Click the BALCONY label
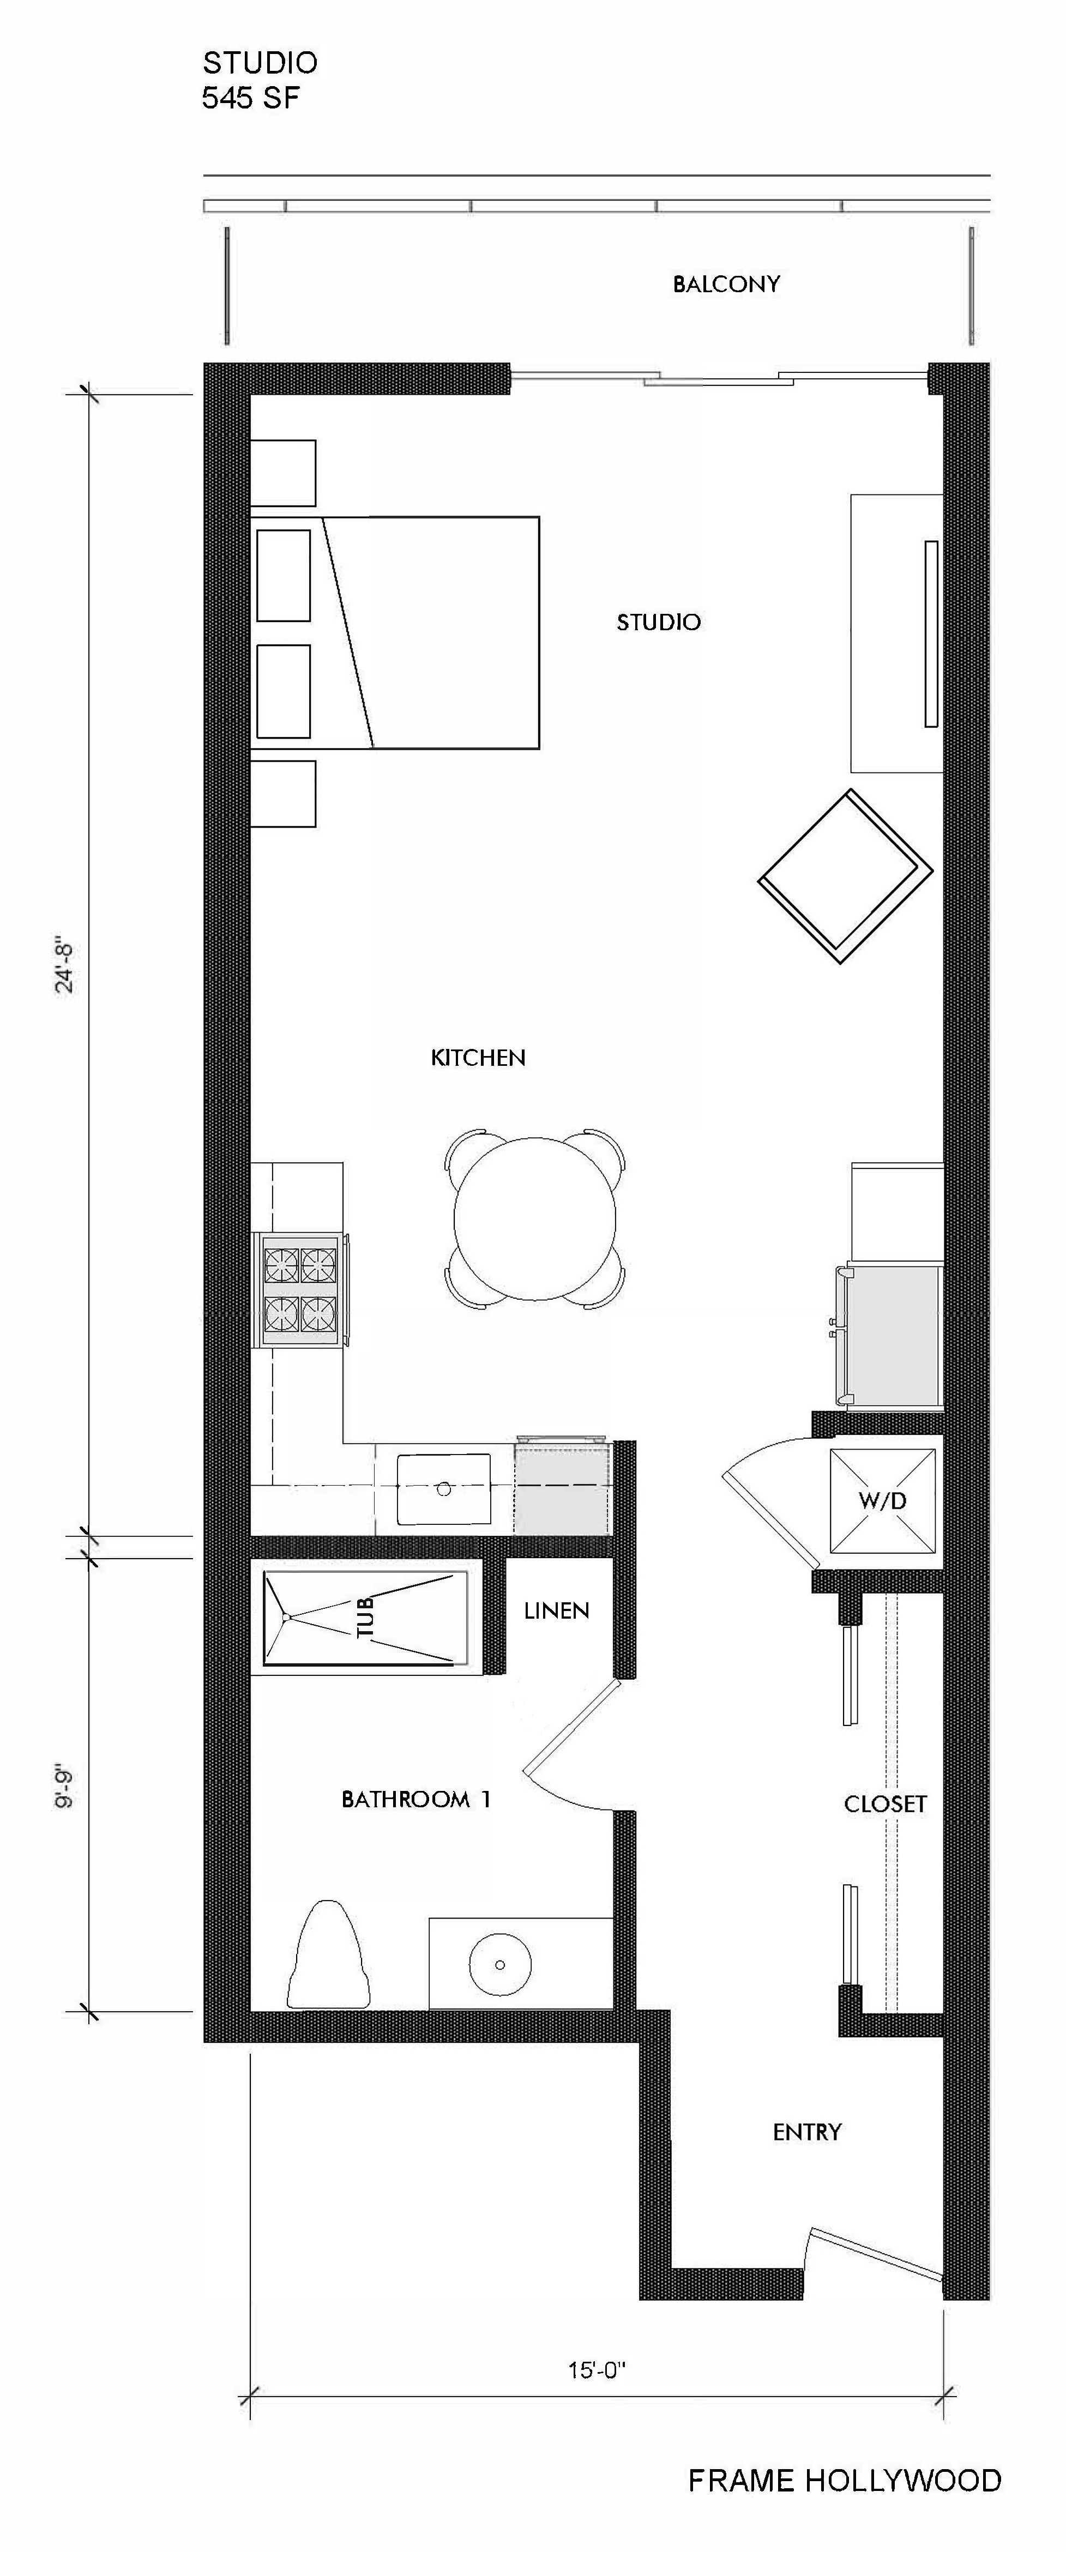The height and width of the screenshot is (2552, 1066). [x=726, y=285]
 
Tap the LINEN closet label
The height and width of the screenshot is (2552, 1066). [x=557, y=1612]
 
